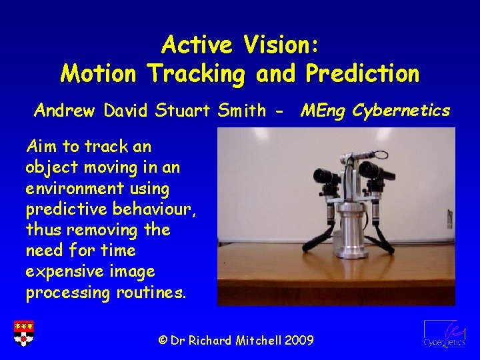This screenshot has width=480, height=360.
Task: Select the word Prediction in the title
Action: pos(363,73)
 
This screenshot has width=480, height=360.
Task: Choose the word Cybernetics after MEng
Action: pos(401,110)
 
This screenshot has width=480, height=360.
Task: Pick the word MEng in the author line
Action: pos(323,110)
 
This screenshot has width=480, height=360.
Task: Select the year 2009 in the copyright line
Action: pos(299,340)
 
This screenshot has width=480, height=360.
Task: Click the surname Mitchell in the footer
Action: pos(257,340)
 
